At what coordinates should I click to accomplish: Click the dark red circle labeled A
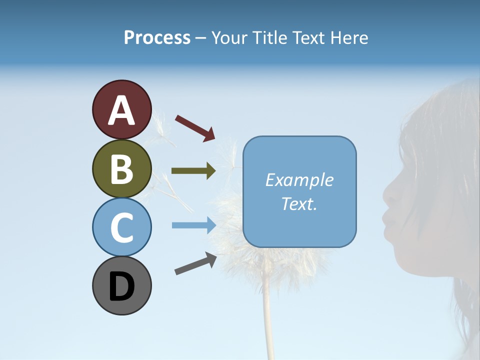coord(121,109)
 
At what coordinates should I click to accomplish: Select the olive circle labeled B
coord(121,168)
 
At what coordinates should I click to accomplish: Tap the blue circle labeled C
coord(121,227)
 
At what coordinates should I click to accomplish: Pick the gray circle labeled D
coord(121,285)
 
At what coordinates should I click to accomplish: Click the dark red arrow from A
coord(195,127)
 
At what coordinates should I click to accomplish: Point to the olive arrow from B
coord(193,170)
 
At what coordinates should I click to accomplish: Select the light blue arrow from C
coord(193,225)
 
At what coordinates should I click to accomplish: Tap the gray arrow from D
coord(195,263)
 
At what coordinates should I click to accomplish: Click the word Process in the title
coord(157,38)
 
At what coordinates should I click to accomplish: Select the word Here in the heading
coord(349,38)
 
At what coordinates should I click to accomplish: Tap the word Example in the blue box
coord(299,180)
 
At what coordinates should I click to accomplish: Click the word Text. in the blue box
coord(299,203)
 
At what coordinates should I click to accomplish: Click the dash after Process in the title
coord(201,38)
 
